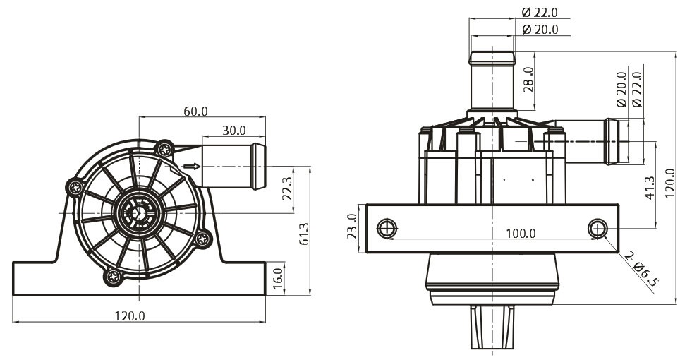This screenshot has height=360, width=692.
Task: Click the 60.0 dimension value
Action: coord(195,111)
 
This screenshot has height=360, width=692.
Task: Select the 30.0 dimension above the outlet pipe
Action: coord(234,131)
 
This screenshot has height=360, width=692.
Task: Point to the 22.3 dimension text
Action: coord(287,188)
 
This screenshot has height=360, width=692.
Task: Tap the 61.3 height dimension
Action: coord(304,234)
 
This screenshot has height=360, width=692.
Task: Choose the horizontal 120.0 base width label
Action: coord(130,316)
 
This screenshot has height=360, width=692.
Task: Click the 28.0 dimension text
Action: coord(528,80)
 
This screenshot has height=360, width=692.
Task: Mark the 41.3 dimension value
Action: coord(649,188)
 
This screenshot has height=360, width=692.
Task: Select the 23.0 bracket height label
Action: coord(352,226)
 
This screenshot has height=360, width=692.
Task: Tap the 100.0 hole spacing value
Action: coord(521,233)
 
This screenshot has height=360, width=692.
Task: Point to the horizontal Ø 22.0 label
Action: coord(540,13)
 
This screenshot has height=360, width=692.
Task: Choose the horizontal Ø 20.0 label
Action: coord(540,30)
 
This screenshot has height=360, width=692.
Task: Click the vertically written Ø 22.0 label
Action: coord(636,89)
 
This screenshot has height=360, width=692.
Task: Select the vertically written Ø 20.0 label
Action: coord(621,89)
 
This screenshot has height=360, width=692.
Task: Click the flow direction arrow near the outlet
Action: coord(192,167)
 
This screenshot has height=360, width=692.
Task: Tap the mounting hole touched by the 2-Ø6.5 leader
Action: coord(597,229)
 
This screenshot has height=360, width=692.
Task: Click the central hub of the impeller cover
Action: coord(139,213)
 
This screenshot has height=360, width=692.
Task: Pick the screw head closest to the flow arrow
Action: coord(164,150)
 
